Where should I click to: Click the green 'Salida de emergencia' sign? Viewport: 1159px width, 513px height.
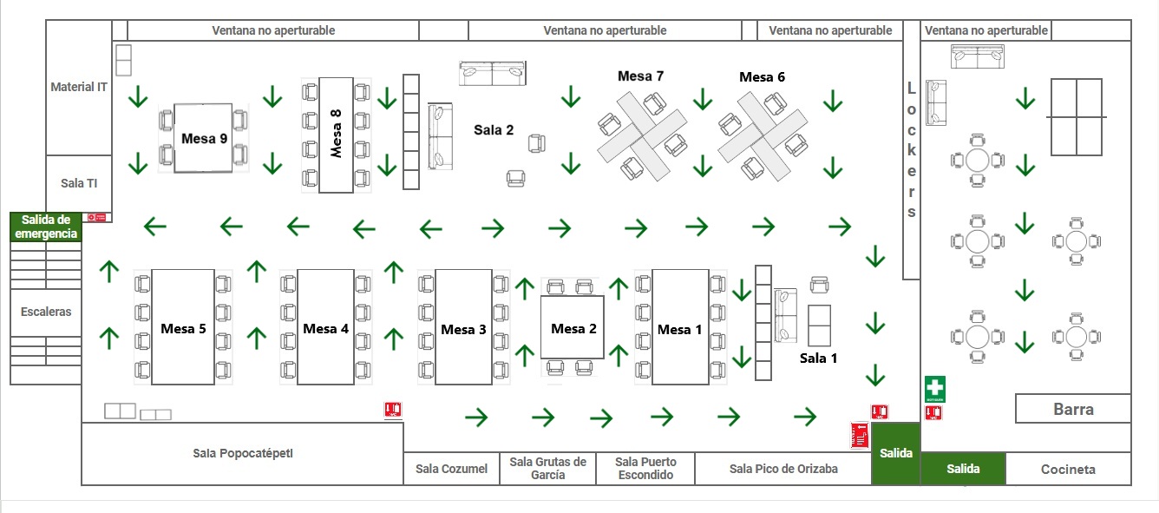[x=45, y=227]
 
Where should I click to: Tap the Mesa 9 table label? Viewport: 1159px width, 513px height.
[x=205, y=138]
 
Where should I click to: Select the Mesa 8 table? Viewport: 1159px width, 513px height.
[x=336, y=135]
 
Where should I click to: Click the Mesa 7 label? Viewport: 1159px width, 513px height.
[x=640, y=76]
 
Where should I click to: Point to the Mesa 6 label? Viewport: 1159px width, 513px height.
[x=762, y=77]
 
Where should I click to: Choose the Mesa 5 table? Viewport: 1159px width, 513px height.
[x=183, y=327]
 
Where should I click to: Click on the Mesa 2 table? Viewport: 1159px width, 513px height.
[x=573, y=327]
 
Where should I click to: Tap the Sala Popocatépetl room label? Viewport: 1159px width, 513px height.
[x=238, y=453]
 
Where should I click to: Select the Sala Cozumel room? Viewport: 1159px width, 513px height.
[x=451, y=469]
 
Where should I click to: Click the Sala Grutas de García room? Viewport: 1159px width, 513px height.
[x=548, y=468]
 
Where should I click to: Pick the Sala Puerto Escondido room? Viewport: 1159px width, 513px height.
[x=645, y=468]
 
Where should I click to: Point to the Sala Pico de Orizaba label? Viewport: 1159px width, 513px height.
[x=783, y=469]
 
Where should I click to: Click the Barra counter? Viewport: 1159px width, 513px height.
[x=1073, y=409]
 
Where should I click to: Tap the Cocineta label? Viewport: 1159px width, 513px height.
[x=1068, y=470]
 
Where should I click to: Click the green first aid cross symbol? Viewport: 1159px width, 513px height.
[x=934, y=387]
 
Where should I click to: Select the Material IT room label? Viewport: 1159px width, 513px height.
[x=79, y=87]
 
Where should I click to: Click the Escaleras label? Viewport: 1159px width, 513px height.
[x=46, y=312]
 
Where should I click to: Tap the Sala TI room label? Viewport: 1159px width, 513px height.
[x=79, y=183]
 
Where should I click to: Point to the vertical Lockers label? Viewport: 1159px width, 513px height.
[x=911, y=149]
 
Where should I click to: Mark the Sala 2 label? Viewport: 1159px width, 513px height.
[x=494, y=130]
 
